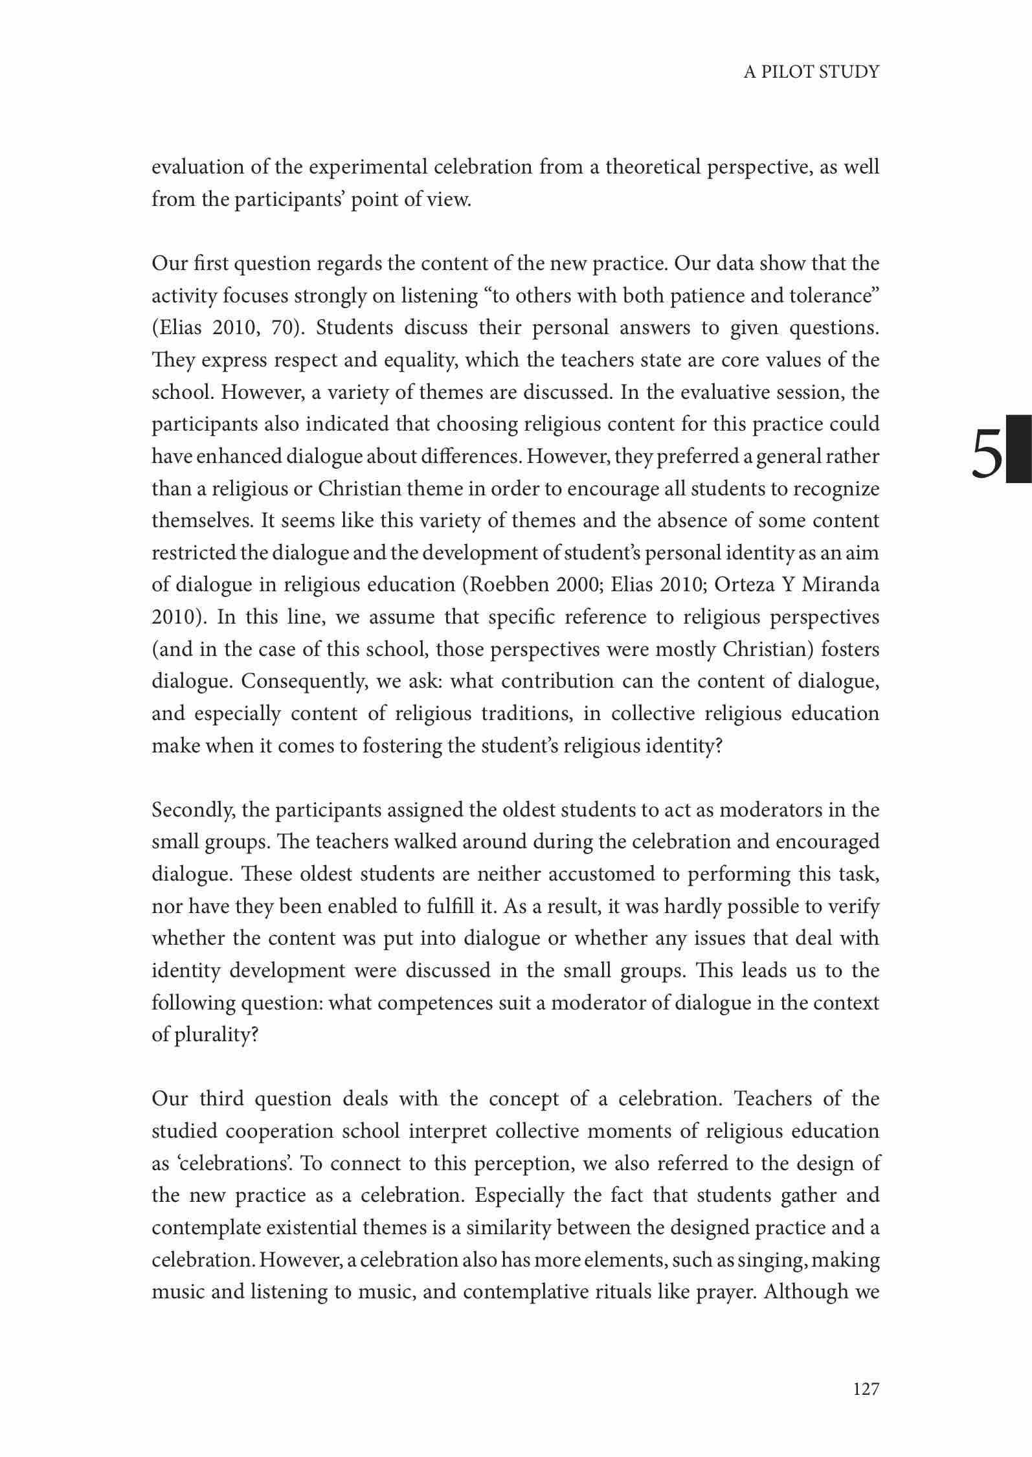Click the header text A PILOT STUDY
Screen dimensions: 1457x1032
click(811, 71)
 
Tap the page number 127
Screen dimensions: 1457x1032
click(866, 1388)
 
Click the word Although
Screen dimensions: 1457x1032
click(807, 1292)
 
